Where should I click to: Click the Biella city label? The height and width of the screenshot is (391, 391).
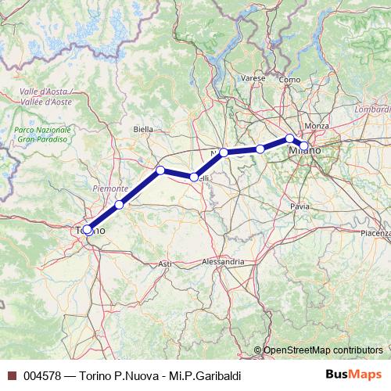point(143,128)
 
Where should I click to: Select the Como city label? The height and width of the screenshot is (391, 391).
point(289,80)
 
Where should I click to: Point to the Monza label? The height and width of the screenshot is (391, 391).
point(317,126)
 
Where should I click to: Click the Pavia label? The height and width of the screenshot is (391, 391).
point(300,206)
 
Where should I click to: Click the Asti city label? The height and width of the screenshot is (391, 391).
point(165,264)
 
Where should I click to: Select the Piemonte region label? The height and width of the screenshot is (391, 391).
point(110,188)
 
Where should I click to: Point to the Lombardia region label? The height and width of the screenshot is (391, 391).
point(372,110)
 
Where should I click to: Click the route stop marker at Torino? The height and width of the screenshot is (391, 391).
point(88,230)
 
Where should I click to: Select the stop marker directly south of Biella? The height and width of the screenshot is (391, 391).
point(160,170)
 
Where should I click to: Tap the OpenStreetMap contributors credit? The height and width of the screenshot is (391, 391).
point(322,350)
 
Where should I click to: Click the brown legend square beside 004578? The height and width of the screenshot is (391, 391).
point(11,376)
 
